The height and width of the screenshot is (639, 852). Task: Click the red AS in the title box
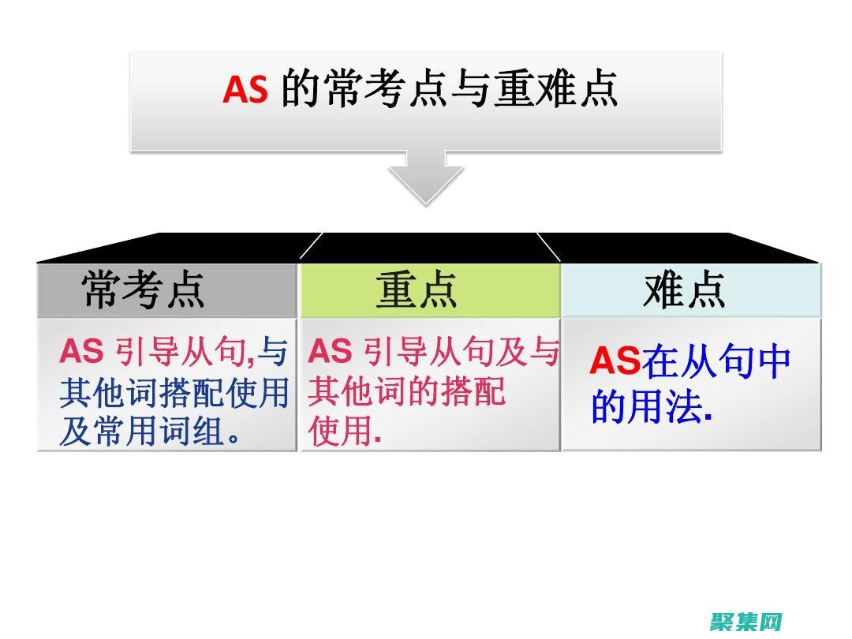245,90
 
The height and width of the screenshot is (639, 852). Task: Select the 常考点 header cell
144,290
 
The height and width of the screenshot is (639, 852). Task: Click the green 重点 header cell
417,290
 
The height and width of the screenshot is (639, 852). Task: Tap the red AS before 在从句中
615,361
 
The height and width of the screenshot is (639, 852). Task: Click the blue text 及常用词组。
150,432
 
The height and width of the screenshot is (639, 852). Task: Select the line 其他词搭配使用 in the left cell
174,393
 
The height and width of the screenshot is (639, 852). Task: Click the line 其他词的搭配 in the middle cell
406,392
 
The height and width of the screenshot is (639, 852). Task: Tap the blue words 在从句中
716,361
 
